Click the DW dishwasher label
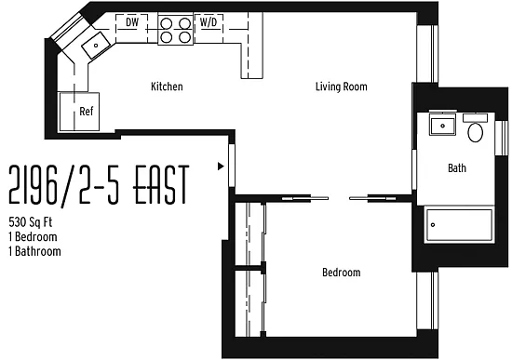pyautogui.click(x=132, y=22)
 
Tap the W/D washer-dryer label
pyautogui.click(x=209, y=22)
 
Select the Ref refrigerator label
pyautogui.click(x=87, y=112)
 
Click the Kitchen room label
pyautogui.click(x=167, y=87)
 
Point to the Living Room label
pyautogui.click(x=342, y=87)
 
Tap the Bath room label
pyautogui.click(x=457, y=168)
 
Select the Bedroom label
pyautogui.click(x=342, y=273)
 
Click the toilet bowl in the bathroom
pyautogui.click(x=475, y=132)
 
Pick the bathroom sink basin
pyautogui.click(x=442, y=126)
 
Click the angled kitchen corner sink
pyautogui.click(x=96, y=45)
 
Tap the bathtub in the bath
pyautogui.click(x=460, y=225)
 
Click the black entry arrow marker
pyautogui.click(x=221, y=167)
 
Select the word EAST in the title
pyautogui.click(x=161, y=184)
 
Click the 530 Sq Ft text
pyautogui.click(x=31, y=222)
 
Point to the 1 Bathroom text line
pyautogui.click(x=34, y=251)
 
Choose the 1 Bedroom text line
pyautogui.click(x=33, y=236)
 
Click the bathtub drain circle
pyautogui.click(x=433, y=224)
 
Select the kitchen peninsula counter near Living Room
pyautogui.click(x=251, y=46)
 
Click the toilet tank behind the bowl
pyautogui.click(x=476, y=118)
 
